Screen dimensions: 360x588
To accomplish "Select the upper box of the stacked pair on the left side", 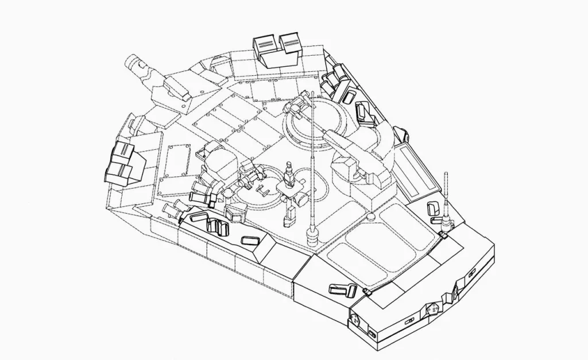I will [x=122, y=152].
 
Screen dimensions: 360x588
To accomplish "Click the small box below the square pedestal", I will [x=290, y=216].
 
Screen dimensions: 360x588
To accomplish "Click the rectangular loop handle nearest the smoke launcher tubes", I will [x=197, y=217].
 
